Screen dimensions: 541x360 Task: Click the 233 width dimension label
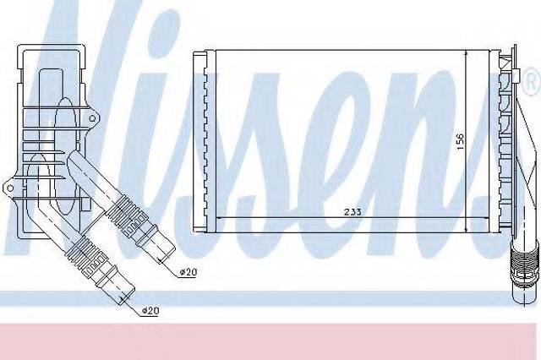tap(352, 211)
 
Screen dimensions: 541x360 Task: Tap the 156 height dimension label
tap(460, 142)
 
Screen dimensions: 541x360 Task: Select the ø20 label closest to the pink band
tap(150, 311)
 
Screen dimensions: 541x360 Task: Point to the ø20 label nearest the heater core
tap(189, 272)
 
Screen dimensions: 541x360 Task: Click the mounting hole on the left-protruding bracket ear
tap(10, 188)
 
